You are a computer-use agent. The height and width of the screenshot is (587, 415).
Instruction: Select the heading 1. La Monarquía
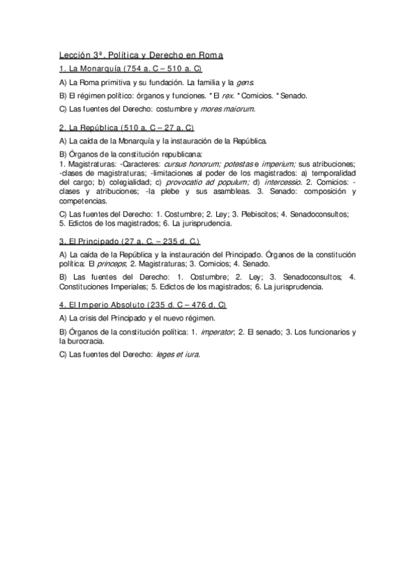point(90,70)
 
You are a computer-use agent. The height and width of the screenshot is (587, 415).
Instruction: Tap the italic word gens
point(253,82)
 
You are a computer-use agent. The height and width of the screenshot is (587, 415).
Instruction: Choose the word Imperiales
point(152,287)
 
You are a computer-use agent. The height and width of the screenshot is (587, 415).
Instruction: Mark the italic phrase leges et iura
point(177,355)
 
